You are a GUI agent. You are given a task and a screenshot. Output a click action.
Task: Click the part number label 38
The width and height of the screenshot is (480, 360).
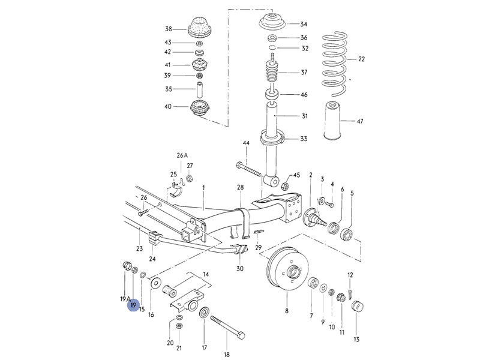(x=169, y=29)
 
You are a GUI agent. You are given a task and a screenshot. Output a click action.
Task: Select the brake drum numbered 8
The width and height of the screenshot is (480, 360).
(x=287, y=272)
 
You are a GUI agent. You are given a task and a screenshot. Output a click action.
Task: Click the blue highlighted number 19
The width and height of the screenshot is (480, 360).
(x=133, y=306)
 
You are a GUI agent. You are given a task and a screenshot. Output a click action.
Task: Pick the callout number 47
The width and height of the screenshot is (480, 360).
(x=360, y=122)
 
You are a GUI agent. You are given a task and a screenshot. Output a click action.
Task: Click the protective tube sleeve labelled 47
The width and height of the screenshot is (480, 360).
(x=332, y=122)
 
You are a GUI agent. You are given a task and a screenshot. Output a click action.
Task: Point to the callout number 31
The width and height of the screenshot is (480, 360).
(x=304, y=116)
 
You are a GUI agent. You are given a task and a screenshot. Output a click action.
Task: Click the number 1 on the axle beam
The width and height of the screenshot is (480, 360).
(x=203, y=188)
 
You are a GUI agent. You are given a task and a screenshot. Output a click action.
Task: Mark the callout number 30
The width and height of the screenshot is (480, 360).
(x=240, y=268)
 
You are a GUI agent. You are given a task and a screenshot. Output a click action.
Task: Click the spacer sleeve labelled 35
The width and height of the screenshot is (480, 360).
(x=199, y=90)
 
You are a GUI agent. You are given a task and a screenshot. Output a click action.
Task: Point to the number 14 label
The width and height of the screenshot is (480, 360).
(x=207, y=274)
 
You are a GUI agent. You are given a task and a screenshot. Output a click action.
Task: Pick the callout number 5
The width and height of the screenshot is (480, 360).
(x=352, y=193)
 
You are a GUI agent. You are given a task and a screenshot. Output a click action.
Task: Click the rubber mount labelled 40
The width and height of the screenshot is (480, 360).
(x=199, y=110)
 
